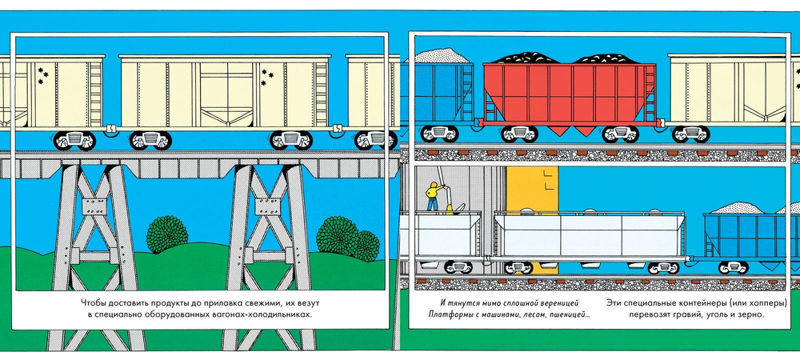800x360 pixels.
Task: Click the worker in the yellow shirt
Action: (x=433, y=195)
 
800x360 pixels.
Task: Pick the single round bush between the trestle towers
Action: (x=167, y=232)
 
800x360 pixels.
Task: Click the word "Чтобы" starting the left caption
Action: (x=95, y=302)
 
